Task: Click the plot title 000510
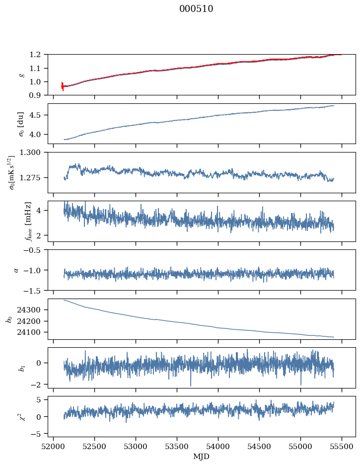tap(196, 9)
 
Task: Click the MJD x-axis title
tap(202, 456)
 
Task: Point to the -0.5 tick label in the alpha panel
tap(35, 250)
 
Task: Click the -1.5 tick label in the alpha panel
tap(35, 290)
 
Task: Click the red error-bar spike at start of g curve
tap(63, 86)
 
